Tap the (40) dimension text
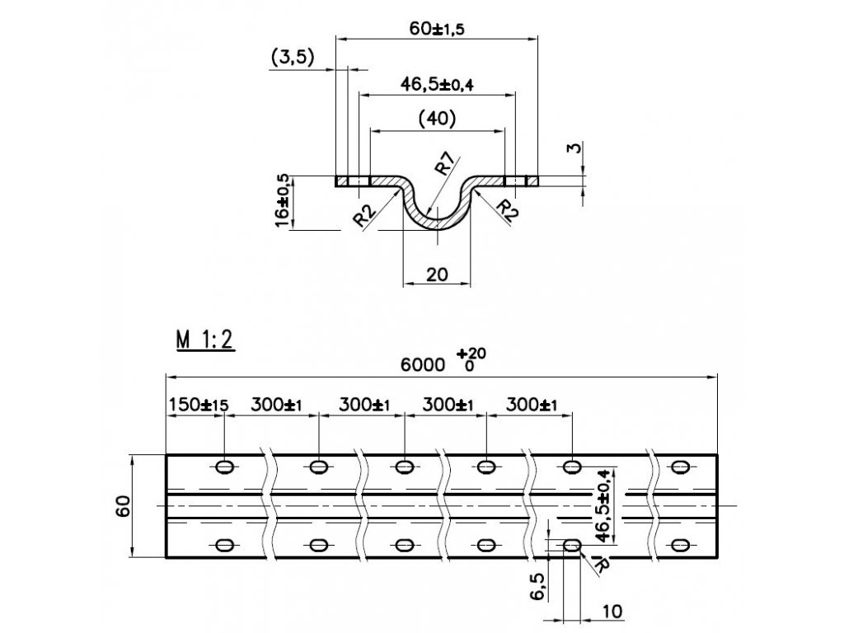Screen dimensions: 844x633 437,120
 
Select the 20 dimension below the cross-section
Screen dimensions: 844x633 437,274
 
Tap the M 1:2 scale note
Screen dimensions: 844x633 205,340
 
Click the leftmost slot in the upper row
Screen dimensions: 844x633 224,467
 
